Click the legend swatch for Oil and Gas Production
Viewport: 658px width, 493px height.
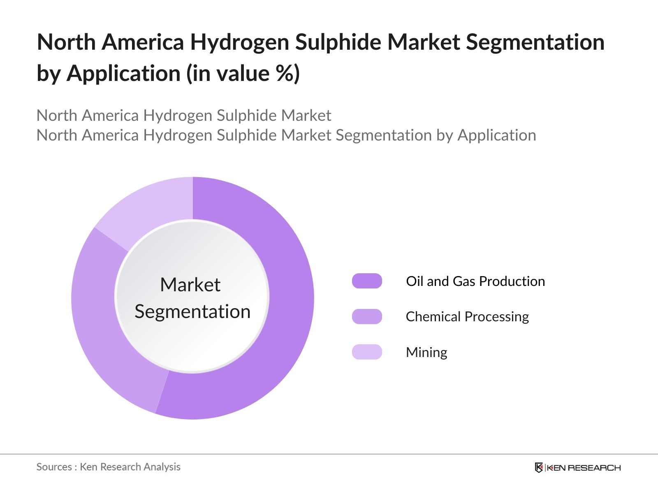pyautogui.click(x=367, y=281)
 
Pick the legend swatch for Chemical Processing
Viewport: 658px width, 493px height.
pyautogui.click(x=367, y=316)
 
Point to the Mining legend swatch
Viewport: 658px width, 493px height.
pyautogui.click(x=367, y=352)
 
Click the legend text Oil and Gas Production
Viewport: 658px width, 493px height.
pyautogui.click(x=475, y=281)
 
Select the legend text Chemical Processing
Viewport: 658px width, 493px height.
pyautogui.click(x=467, y=317)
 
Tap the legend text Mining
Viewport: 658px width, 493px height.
pyautogui.click(x=426, y=352)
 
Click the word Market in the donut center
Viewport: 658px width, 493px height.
pyautogui.click(x=190, y=285)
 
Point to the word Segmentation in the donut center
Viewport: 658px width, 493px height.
pyautogui.click(x=192, y=311)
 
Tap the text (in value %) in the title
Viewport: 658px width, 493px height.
pyautogui.click(x=243, y=74)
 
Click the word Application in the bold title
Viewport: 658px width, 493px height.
pyautogui.click(x=123, y=74)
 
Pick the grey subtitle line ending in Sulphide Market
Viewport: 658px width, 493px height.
pyautogui.click(x=184, y=115)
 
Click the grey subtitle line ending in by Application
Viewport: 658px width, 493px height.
pyautogui.click(x=286, y=135)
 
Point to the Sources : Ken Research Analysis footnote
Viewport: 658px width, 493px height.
pyautogui.click(x=109, y=467)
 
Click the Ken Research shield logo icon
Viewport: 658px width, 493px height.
pyautogui.click(x=539, y=468)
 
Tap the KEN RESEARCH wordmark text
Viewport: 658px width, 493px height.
pyautogui.click(x=584, y=468)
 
